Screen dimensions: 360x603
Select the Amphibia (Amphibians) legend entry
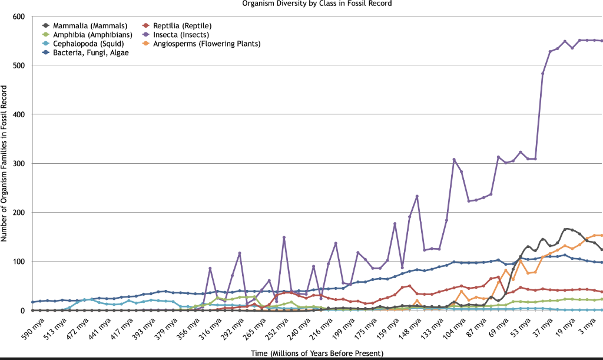[x=88, y=35]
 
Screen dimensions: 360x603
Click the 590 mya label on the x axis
[x=21, y=328]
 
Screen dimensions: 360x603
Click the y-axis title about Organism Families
[x=5, y=163]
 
